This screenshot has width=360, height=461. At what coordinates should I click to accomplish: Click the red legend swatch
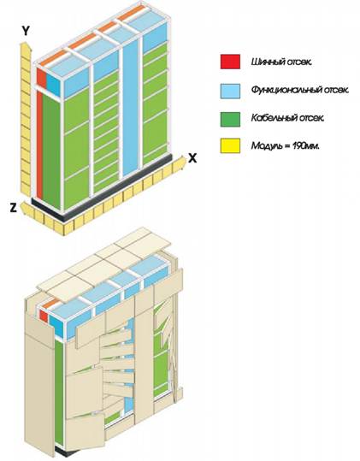point(230,62)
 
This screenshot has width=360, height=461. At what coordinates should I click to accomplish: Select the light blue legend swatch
point(230,91)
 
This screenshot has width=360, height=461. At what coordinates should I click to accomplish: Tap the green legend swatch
point(230,120)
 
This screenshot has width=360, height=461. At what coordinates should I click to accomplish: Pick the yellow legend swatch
point(230,145)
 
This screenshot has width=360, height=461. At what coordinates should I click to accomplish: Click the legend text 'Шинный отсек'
point(281,62)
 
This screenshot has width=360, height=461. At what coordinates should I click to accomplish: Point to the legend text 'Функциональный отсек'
point(300,90)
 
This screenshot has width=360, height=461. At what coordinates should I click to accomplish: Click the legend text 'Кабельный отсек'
point(288,118)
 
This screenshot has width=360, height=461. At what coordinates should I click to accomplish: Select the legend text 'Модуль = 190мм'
point(285,145)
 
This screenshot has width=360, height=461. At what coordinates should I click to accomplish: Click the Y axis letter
point(26,30)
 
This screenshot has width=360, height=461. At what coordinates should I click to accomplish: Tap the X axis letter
point(192,158)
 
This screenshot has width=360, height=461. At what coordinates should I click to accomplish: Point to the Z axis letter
point(13,208)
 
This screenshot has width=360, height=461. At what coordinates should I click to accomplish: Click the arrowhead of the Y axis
point(25,47)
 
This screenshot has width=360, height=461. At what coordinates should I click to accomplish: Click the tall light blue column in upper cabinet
point(130,106)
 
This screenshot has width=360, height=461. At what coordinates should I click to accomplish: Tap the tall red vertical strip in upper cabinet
point(39,145)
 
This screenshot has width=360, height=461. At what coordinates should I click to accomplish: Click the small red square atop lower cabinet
point(44,316)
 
